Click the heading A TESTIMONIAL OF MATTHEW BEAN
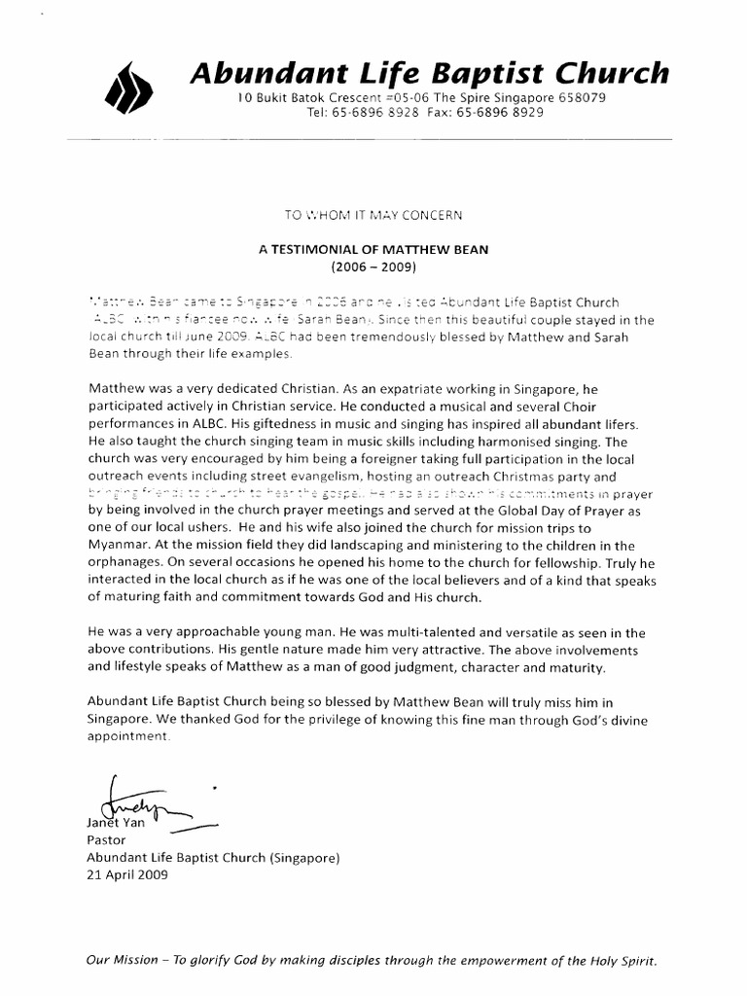(x=373, y=249)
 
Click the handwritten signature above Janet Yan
(x=136, y=798)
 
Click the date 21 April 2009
(x=127, y=874)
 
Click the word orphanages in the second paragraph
(x=128, y=562)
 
